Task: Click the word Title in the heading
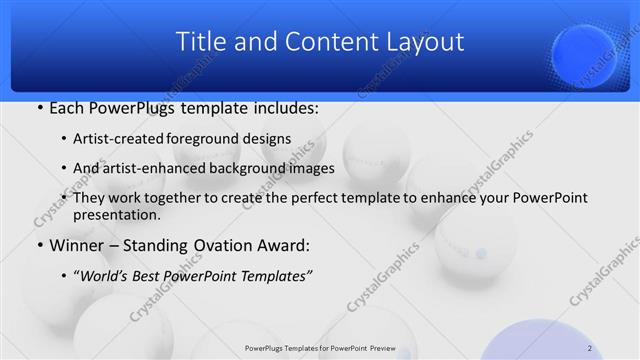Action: click(199, 42)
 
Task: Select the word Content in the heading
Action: click(320, 42)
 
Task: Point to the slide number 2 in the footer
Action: click(590, 348)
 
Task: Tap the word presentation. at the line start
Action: click(114, 214)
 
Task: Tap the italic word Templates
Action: click(271, 275)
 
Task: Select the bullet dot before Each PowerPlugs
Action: click(39, 108)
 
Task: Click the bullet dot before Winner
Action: click(39, 245)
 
